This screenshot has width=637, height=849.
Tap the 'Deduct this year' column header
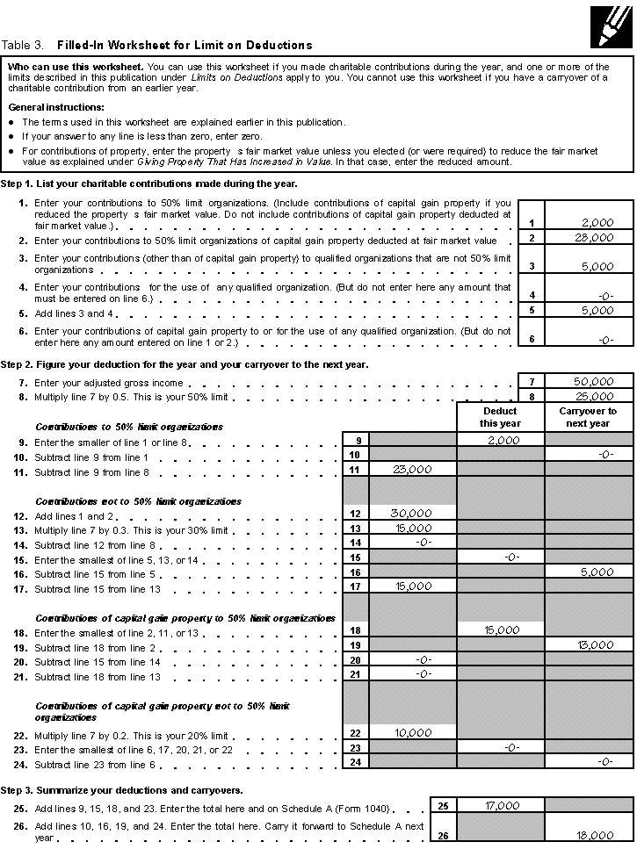[500, 417]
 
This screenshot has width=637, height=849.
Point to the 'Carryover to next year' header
[588, 417]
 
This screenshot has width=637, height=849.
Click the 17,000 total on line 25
[501, 806]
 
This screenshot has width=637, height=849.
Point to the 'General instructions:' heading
[57, 106]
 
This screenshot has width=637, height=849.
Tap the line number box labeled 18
[356, 630]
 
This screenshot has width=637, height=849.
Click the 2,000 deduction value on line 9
[503, 441]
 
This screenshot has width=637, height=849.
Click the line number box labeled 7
[532, 382]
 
